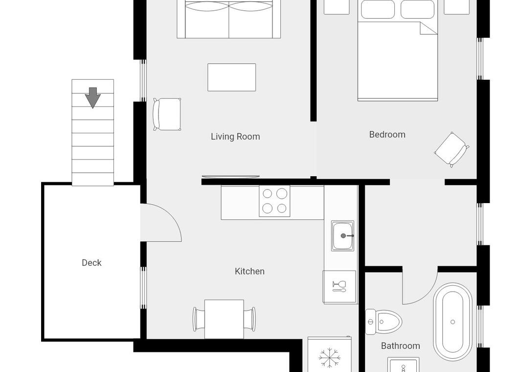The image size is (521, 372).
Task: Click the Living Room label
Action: pos(235,137)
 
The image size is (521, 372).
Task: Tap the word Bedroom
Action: pos(387,135)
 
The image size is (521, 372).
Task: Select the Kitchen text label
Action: pos(249,271)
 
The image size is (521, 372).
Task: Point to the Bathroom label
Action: pos(400,346)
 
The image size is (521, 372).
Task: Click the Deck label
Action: pos(91,263)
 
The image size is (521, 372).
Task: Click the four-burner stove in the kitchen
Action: pos(274,201)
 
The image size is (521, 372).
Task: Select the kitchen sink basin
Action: pos(342,236)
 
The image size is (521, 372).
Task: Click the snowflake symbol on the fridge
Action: pos(329,358)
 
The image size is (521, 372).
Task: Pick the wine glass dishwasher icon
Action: pos(339,286)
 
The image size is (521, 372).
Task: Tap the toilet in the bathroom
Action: pos(383,322)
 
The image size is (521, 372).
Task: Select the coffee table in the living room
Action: pos(231,77)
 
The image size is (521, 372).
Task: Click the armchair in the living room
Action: pos(167,114)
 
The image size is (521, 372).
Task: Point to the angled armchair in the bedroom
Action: pos(452,150)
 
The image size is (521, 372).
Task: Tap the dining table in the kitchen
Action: pos(224,319)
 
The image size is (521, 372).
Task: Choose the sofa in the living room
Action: pos(229,19)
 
